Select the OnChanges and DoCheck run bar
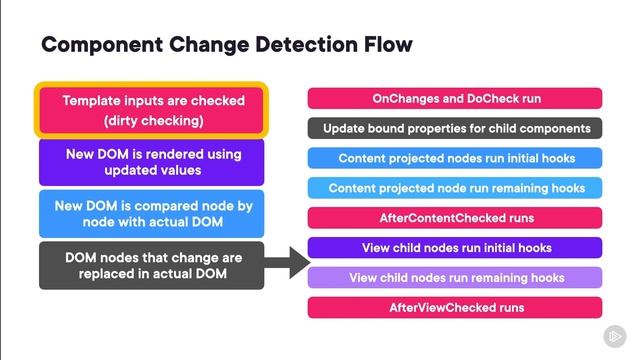(455, 98)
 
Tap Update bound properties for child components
(455, 128)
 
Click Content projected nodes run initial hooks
(455, 158)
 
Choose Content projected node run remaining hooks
(455, 188)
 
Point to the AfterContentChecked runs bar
(455, 217)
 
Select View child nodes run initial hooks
(455, 247)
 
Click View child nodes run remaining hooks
(455, 277)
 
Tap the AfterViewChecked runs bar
(455, 307)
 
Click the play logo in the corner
(612, 335)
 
